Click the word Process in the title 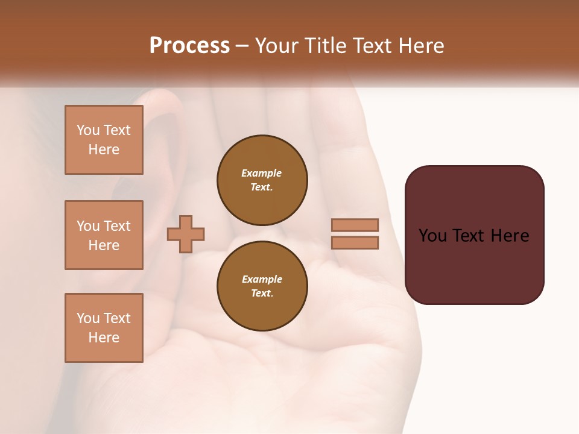coord(189,46)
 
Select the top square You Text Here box coord(104,140)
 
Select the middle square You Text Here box coord(104,235)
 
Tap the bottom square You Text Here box coord(104,328)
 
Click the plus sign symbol coord(186,234)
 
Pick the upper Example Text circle coord(262,180)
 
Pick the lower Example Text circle coord(262,286)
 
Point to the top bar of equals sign coord(355,225)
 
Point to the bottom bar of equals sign coord(355,243)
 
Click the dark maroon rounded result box coord(474,265)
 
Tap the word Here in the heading coord(421,46)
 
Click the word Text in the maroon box coord(474,236)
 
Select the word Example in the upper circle coord(262,173)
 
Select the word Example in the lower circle coord(262,279)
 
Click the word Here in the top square coord(104,149)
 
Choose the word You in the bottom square coord(88,318)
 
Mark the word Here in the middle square coord(104,245)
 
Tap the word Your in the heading coord(276,46)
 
